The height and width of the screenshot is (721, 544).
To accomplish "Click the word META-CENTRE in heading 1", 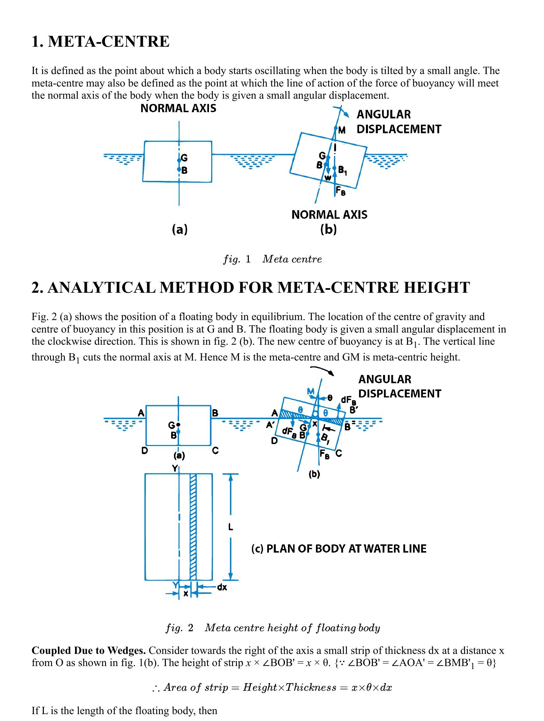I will (109, 42).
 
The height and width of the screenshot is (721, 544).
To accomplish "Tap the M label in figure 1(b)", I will (342, 131).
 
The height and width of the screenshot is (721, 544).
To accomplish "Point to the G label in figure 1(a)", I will (184, 158).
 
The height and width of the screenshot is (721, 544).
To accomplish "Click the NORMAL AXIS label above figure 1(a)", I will (178, 109).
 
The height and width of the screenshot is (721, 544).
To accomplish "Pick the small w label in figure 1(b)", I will (328, 178).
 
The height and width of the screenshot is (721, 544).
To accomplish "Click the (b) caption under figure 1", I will (328, 229).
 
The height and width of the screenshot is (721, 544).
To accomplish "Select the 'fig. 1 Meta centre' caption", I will (272, 259).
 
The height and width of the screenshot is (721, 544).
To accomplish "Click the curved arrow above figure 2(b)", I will (323, 370).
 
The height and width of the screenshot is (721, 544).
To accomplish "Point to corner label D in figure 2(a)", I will (144, 450).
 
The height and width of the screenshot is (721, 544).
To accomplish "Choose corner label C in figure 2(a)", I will (215, 450).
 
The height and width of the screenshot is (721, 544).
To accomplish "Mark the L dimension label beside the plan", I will (231, 527).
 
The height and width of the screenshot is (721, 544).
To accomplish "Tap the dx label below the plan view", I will (222, 587).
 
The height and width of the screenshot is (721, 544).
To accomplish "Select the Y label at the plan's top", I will (175, 468).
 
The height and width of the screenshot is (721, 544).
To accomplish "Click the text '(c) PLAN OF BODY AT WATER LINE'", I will (339, 549).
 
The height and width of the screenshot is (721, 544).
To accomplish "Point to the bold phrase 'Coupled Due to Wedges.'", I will (89, 651).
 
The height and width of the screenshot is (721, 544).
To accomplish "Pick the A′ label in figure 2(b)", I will (271, 425).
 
